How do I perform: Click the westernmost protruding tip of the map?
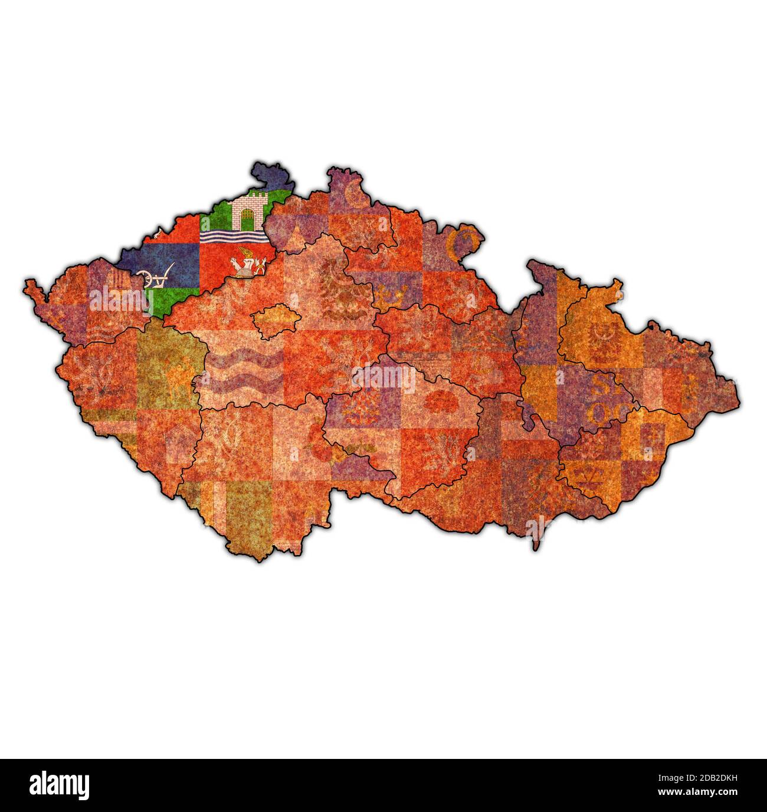pos(26,285)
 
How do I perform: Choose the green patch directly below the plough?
pos(160,301)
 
